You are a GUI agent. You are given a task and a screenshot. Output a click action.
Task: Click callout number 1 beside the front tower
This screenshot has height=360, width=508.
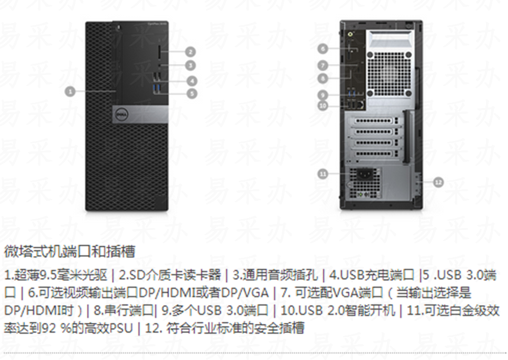pos(70,91)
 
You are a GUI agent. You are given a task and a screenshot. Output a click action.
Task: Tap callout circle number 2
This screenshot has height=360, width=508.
pos(190,51)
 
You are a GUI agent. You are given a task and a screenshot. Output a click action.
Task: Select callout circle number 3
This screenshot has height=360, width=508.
pos(190,66)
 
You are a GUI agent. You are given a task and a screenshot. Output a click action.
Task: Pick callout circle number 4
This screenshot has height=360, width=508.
pos(192,81)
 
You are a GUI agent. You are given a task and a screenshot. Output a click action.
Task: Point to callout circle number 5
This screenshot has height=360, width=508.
pos(192,93)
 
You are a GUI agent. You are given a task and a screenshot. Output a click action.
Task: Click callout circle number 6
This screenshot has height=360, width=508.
pos(323,49)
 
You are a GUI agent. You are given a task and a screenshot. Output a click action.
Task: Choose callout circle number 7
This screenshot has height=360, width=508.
pos(323,66)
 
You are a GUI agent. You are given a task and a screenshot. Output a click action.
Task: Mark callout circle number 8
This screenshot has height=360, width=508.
pos(323,78)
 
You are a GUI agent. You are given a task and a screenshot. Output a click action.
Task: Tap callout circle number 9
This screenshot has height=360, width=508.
pos(323,95)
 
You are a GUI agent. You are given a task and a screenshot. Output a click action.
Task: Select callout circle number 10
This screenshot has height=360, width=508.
pos(323,105)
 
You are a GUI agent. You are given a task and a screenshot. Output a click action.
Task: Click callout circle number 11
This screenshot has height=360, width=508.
pos(323,173)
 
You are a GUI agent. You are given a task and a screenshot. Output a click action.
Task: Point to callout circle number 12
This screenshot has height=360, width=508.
pos(438,182)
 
